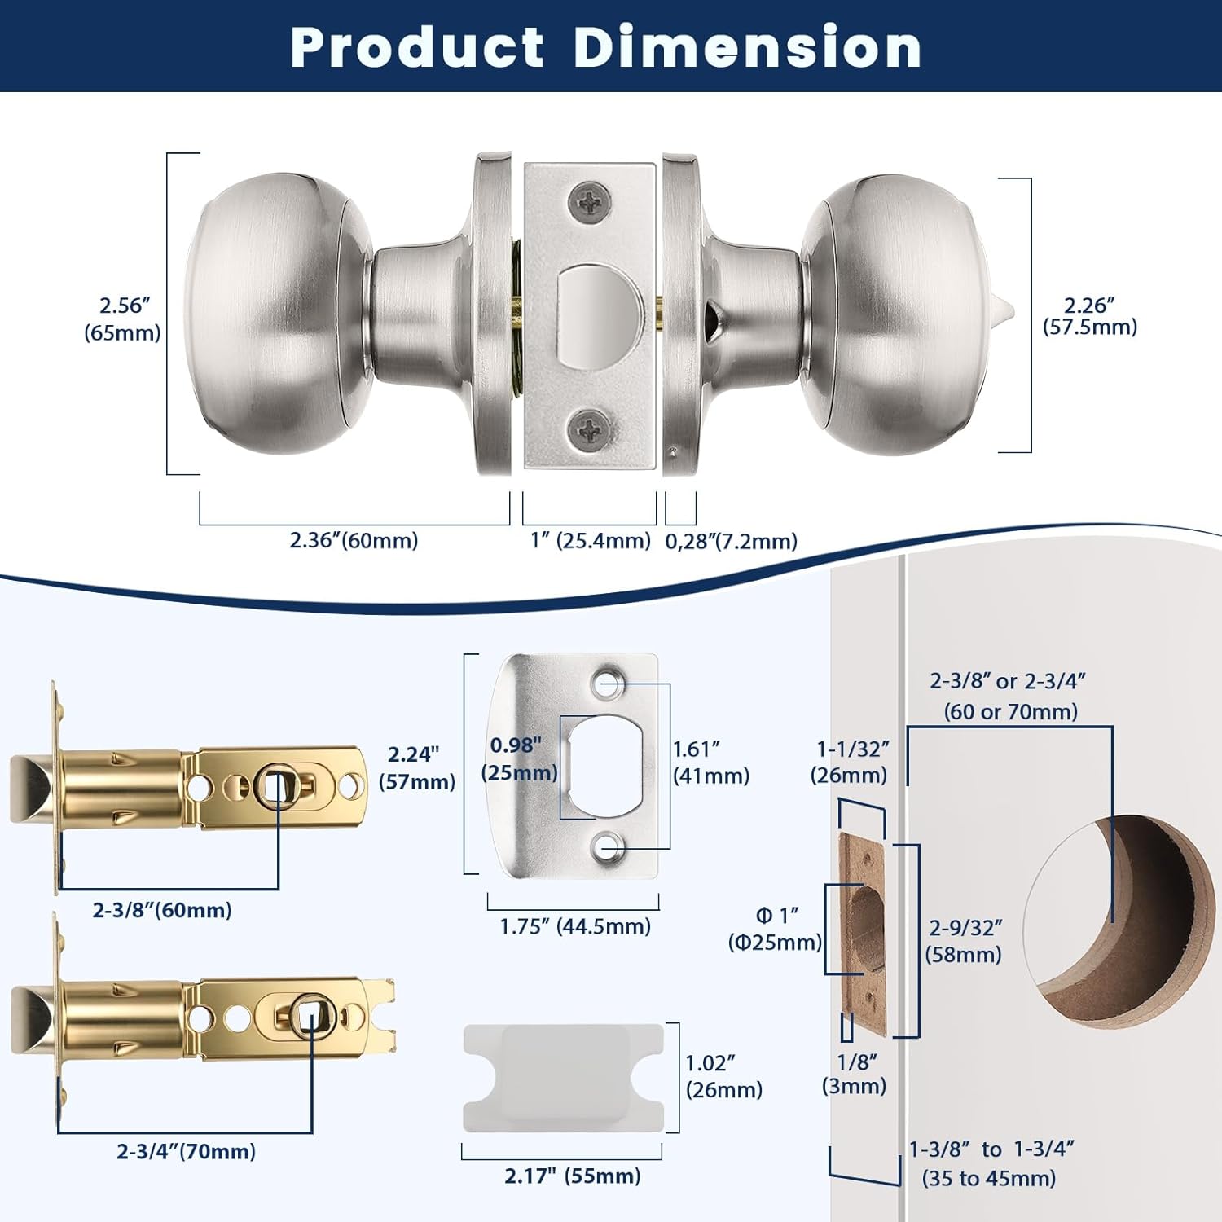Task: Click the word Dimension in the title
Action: pos(747,46)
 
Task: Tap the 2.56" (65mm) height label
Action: pos(122,319)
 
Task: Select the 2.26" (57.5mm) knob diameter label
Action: pos(1089,316)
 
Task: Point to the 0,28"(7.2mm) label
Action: pos(731,541)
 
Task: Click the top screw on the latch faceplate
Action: pos(589,200)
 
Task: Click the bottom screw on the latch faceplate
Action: pos(589,428)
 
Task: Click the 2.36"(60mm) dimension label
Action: pos(354,540)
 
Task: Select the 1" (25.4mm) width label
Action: pos(590,540)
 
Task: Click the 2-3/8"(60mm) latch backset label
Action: pos(162,910)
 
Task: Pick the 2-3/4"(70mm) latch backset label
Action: pos(186,1151)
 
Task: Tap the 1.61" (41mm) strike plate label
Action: pos(710,762)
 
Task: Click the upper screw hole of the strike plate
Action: pos(607,683)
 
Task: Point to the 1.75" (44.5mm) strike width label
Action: pos(575,926)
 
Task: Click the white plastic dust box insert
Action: pos(562,1077)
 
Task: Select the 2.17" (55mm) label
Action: pos(572,1176)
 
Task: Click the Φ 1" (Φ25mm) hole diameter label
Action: pos(775,929)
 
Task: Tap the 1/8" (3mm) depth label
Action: pos(854,1074)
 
